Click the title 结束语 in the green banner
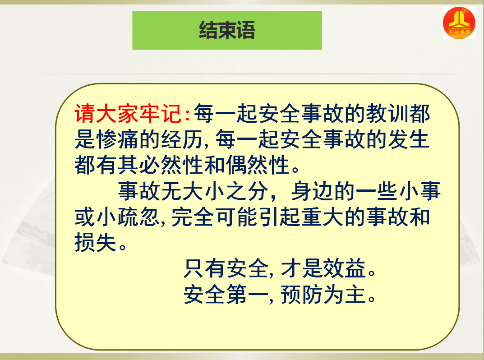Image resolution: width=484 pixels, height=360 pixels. (227, 30)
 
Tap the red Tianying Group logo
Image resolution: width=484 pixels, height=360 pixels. (459, 23)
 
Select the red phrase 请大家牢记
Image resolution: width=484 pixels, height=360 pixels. (128, 114)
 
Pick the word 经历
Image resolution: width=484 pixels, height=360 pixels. (182, 139)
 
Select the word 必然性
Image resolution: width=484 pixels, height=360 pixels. (171, 165)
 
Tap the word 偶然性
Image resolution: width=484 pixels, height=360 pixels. (258, 165)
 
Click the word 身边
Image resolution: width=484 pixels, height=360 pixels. (313, 191)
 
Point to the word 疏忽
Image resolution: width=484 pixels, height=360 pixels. (138, 217)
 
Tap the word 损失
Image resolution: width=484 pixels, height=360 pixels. (95, 242)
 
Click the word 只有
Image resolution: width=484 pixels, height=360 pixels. (205, 268)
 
